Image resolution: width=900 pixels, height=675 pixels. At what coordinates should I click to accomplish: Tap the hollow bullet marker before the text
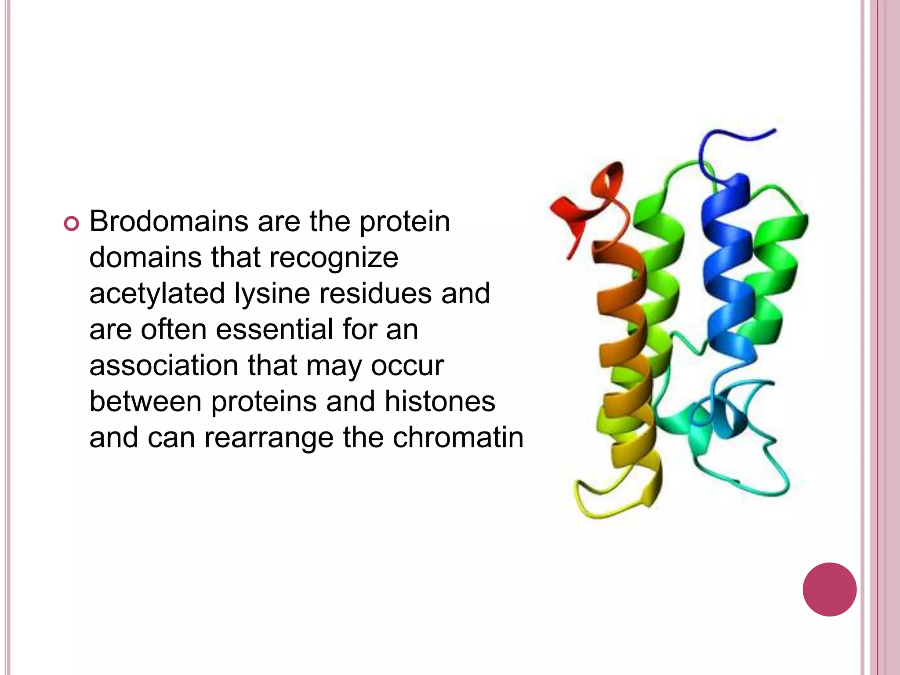click(71, 224)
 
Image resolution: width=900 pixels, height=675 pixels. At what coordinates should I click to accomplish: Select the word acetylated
click(157, 294)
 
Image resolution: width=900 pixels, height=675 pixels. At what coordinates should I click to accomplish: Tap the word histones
click(439, 402)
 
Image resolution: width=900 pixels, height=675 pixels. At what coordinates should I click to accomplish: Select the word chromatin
click(458, 438)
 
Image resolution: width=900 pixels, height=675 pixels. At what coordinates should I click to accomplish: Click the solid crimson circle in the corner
click(829, 589)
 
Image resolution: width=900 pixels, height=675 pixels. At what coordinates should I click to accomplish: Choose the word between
click(145, 402)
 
